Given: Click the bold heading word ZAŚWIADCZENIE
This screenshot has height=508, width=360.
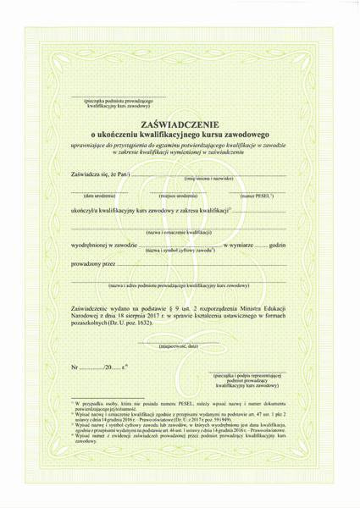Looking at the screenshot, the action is click(180, 123).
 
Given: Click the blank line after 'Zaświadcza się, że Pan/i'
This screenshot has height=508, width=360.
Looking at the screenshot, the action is click(212, 174).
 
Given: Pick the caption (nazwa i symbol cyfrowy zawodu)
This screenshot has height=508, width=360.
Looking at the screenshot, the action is click(185, 251).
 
